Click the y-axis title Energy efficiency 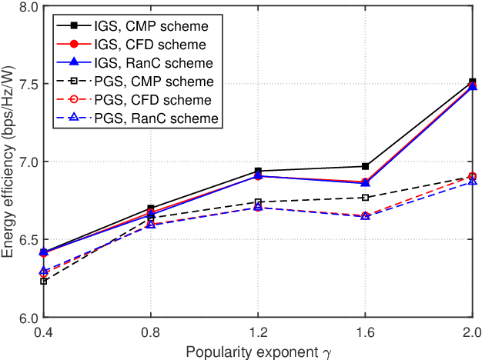[9, 162]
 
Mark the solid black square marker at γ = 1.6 [365, 166]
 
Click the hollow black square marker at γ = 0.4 [44, 282]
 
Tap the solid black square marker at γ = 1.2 [258, 171]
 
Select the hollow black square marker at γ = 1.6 [365, 198]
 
